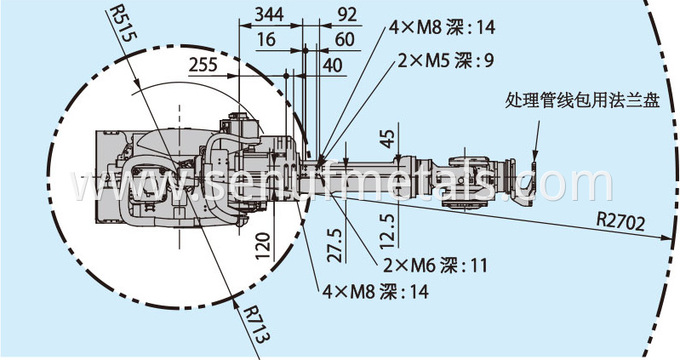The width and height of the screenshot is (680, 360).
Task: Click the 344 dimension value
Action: click(270, 14)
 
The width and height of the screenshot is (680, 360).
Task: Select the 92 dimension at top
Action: click(346, 14)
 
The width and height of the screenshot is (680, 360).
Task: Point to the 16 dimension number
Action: click(266, 39)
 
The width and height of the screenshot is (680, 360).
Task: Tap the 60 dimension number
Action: click(345, 39)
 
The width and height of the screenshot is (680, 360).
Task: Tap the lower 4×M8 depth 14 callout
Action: click(375, 291)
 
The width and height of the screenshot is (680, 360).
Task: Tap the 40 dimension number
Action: click(332, 64)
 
